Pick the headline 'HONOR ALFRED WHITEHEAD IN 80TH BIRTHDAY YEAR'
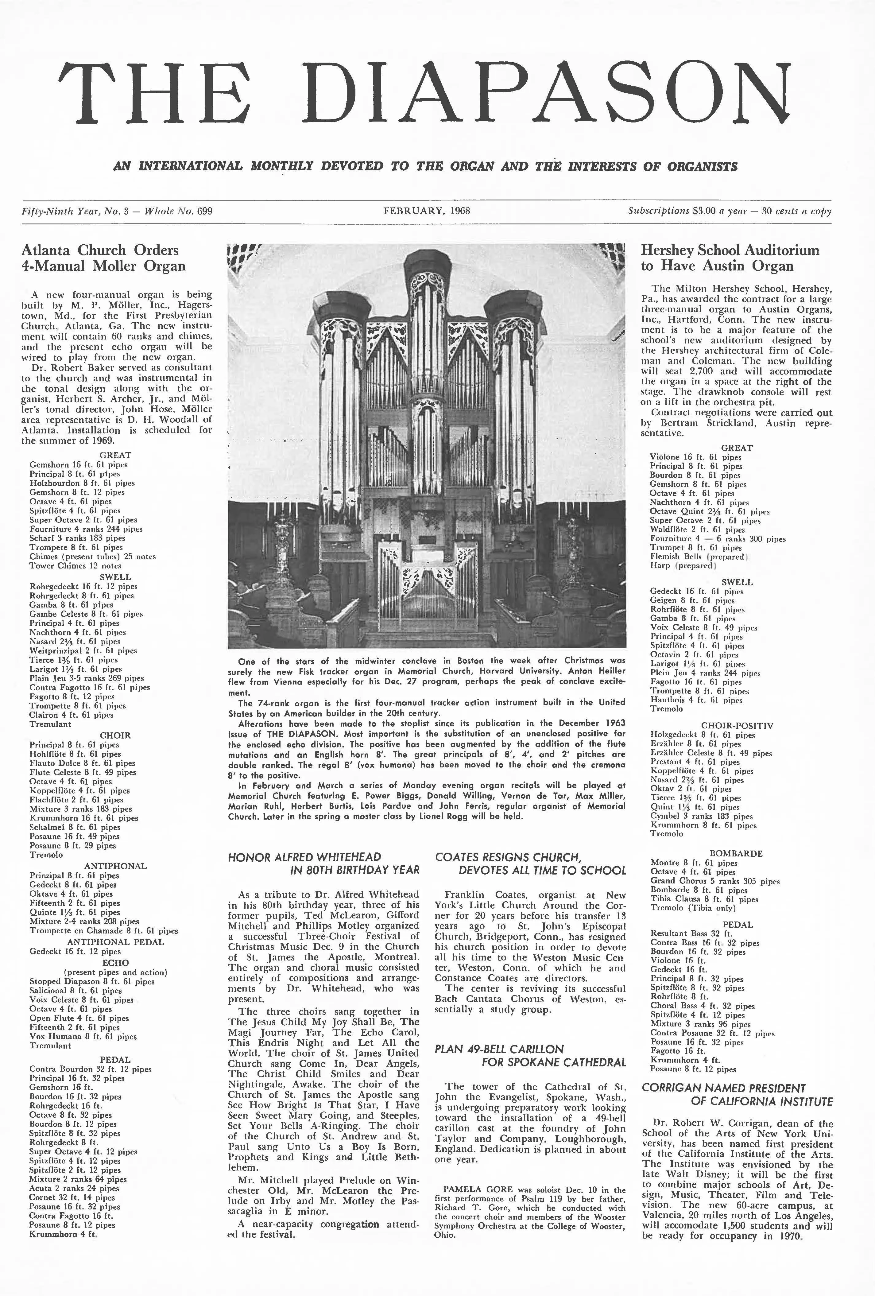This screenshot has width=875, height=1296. coord(323,863)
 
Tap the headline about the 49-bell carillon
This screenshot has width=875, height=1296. coord(530,1055)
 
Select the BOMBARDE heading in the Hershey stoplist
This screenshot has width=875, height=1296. coord(736,853)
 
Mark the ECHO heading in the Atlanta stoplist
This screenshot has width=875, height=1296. coord(115,963)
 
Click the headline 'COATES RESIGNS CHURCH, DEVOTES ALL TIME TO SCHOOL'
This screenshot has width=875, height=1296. coord(530,863)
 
